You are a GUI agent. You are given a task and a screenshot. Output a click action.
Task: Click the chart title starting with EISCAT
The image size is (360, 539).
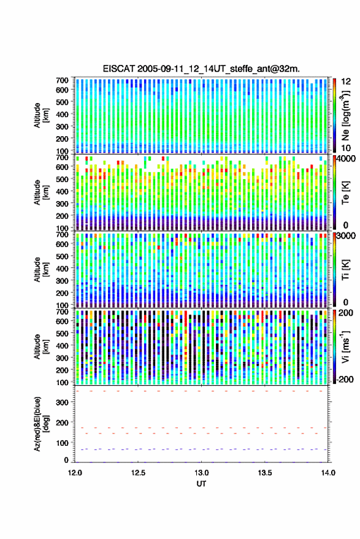point(201,69)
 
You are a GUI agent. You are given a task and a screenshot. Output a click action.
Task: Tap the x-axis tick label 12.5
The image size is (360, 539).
point(138,473)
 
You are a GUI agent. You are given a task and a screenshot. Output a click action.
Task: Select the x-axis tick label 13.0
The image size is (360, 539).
point(202,473)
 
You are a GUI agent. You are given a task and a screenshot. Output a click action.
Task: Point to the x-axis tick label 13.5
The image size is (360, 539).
point(265,473)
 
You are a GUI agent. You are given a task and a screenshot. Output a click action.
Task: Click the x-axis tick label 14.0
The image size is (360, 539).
point(328,473)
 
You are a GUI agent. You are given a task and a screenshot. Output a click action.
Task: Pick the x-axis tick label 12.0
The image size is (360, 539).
point(75,473)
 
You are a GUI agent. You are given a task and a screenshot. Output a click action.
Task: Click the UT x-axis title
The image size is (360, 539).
point(201,484)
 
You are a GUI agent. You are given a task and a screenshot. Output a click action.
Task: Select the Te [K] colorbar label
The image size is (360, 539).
point(345,193)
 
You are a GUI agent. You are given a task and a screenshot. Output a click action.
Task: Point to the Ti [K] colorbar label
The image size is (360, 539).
point(345,270)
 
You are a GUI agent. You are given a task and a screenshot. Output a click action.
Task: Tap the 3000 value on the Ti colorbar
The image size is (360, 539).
point(346,236)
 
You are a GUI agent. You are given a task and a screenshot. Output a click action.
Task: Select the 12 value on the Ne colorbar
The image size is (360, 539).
point(346,82)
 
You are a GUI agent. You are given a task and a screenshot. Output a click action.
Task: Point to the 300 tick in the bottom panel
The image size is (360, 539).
point(62,402)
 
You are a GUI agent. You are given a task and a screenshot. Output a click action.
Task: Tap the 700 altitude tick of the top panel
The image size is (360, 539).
point(62,80)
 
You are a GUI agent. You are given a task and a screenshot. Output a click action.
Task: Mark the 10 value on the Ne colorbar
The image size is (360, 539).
point(346,148)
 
